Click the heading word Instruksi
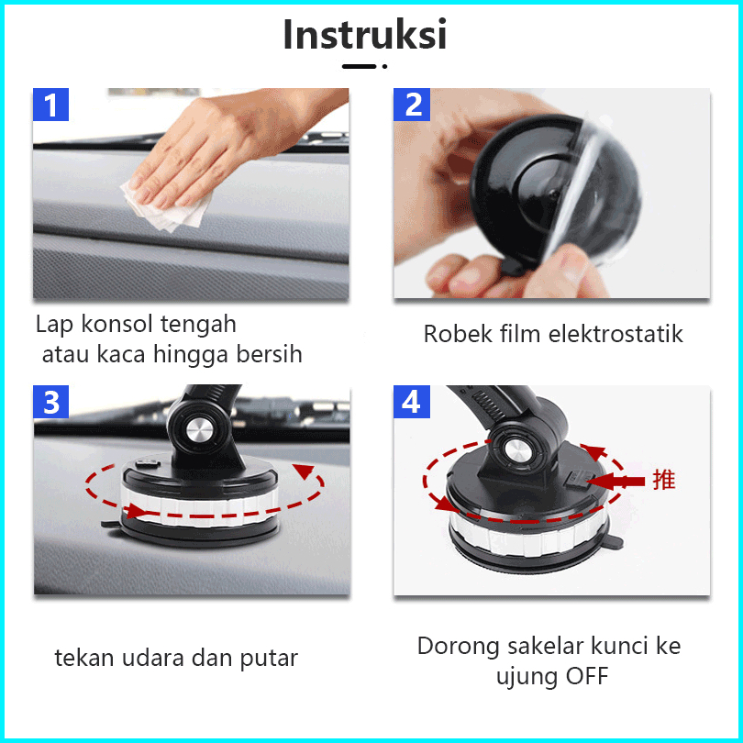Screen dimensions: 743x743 pos(365,35)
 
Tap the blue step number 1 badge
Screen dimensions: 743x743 pos(50,105)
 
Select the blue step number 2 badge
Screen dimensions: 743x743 pos(412,105)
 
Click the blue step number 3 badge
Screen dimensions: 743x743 pos(50,402)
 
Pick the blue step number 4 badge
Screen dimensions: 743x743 pos(412,402)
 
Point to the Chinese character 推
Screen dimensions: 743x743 pos(664,480)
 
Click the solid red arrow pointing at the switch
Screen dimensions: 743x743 pos(616,482)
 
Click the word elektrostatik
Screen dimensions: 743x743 pos(615,334)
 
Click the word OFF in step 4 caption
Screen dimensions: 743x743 pos(587,676)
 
